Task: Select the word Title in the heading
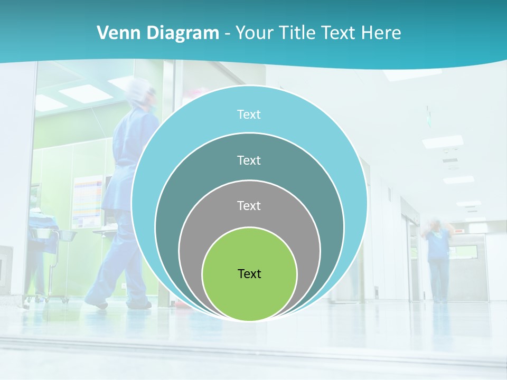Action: (301, 33)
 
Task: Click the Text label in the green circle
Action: (249, 274)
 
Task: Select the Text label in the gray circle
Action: (249, 206)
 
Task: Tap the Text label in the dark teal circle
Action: (249, 160)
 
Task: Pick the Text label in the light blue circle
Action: (249, 115)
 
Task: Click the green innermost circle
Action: (249, 296)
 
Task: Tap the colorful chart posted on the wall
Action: (88, 201)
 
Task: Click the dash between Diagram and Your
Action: (227, 34)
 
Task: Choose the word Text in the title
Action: (340, 33)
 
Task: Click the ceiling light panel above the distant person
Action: (443, 141)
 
